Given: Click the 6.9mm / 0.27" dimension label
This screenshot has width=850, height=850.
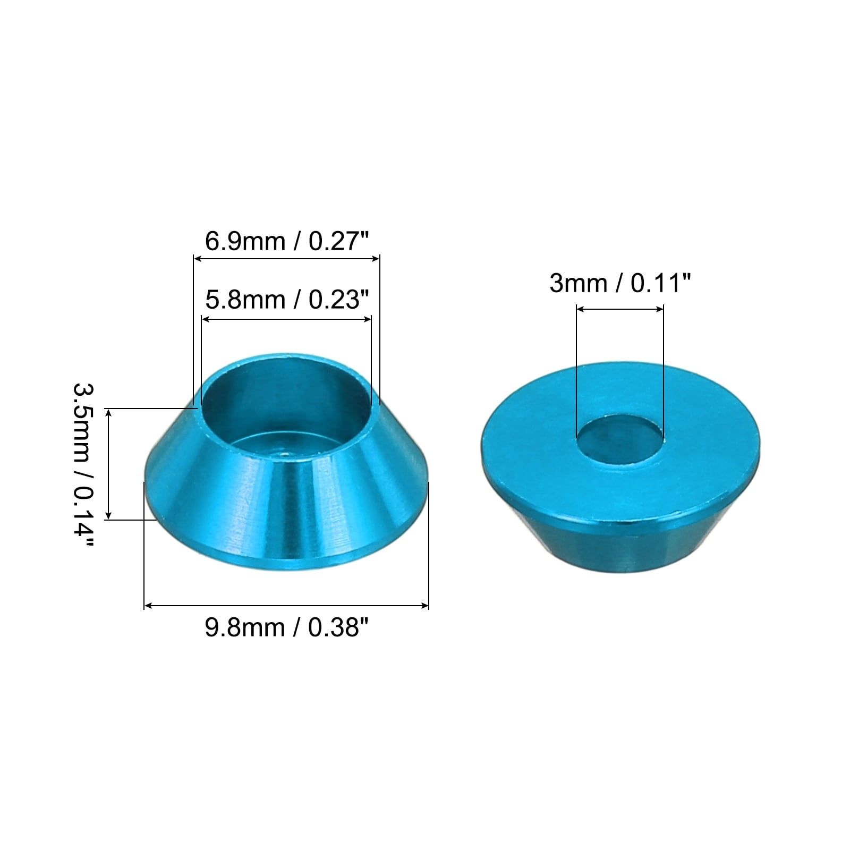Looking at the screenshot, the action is pyautogui.click(x=286, y=241).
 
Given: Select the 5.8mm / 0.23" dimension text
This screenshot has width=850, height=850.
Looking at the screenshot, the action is pyautogui.click(x=286, y=300).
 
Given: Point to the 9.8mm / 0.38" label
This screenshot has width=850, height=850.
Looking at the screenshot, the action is pyautogui.click(x=286, y=627).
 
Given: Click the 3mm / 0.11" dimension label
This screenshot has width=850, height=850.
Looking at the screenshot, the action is pyautogui.click(x=620, y=283).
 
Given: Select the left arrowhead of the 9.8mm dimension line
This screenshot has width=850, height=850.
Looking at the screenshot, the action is pyautogui.click(x=149, y=605).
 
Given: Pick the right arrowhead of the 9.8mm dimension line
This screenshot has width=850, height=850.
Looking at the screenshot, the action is pyautogui.click(x=424, y=605).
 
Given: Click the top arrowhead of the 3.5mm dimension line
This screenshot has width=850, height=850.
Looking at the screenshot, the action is pyautogui.click(x=108, y=413).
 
